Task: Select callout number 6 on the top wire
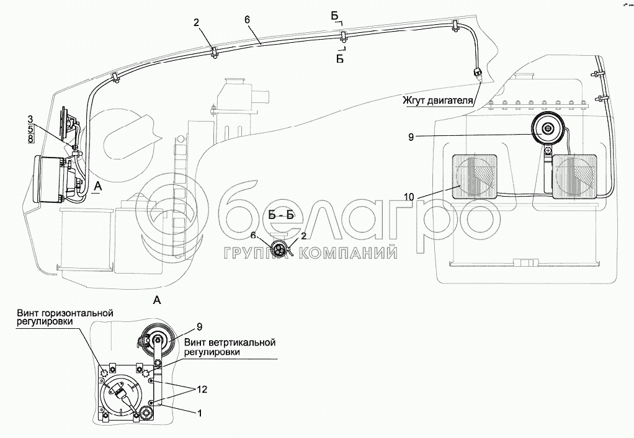247,19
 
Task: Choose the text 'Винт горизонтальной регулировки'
65,318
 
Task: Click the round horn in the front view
548,130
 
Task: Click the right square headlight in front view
576,176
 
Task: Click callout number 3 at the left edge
30,118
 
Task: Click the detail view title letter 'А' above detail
157,300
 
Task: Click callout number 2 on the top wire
196,23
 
